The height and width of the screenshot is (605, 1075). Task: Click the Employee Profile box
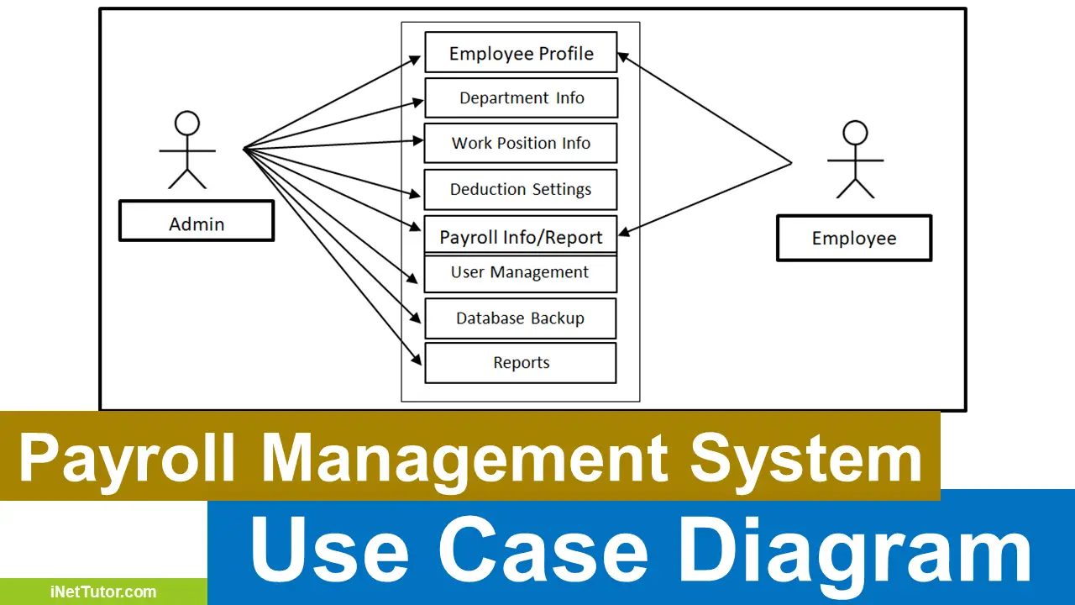[x=522, y=52]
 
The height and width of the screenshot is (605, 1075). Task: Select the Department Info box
[x=522, y=98]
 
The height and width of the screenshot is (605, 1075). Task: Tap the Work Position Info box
[x=521, y=143]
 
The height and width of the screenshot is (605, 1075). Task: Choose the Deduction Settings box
[x=521, y=190]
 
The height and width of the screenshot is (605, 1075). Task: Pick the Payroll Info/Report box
[x=521, y=234]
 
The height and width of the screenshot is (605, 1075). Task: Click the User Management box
[x=521, y=273]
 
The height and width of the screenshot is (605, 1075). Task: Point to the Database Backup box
[x=521, y=318]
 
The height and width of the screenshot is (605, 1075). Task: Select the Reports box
[x=521, y=363]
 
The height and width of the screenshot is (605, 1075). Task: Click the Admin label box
[x=197, y=221]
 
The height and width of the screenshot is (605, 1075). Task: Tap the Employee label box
[x=854, y=238]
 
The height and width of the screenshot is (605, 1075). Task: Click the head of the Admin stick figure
[x=187, y=124]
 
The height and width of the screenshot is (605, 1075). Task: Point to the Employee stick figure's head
[x=855, y=133]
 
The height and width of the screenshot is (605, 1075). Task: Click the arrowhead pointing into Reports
[x=416, y=359]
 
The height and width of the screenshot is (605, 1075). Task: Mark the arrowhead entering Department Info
[x=417, y=102]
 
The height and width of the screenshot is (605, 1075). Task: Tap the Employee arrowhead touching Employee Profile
[x=623, y=57]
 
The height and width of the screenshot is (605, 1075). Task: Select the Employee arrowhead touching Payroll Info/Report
[x=624, y=232]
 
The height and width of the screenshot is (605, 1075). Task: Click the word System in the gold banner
[x=806, y=459]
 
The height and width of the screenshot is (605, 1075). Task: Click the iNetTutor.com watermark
[x=103, y=592]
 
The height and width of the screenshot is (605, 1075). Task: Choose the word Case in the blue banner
[x=543, y=549]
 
